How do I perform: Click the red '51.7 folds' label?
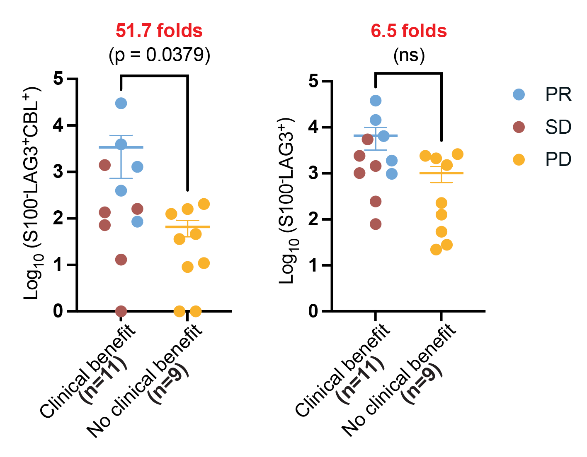[159, 31]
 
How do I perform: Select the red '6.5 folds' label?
[409, 31]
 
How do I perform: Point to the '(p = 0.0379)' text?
[160, 55]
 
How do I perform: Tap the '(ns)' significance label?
[409, 55]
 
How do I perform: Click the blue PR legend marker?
[519, 94]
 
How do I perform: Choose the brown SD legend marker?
[519, 127]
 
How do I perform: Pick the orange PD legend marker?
[519, 159]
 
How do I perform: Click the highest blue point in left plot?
[121, 103]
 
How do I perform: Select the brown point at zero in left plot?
[121, 311]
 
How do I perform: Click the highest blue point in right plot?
[376, 100]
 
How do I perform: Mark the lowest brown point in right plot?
[376, 224]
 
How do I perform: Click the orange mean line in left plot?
[187, 227]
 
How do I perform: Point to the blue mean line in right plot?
[376, 135]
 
